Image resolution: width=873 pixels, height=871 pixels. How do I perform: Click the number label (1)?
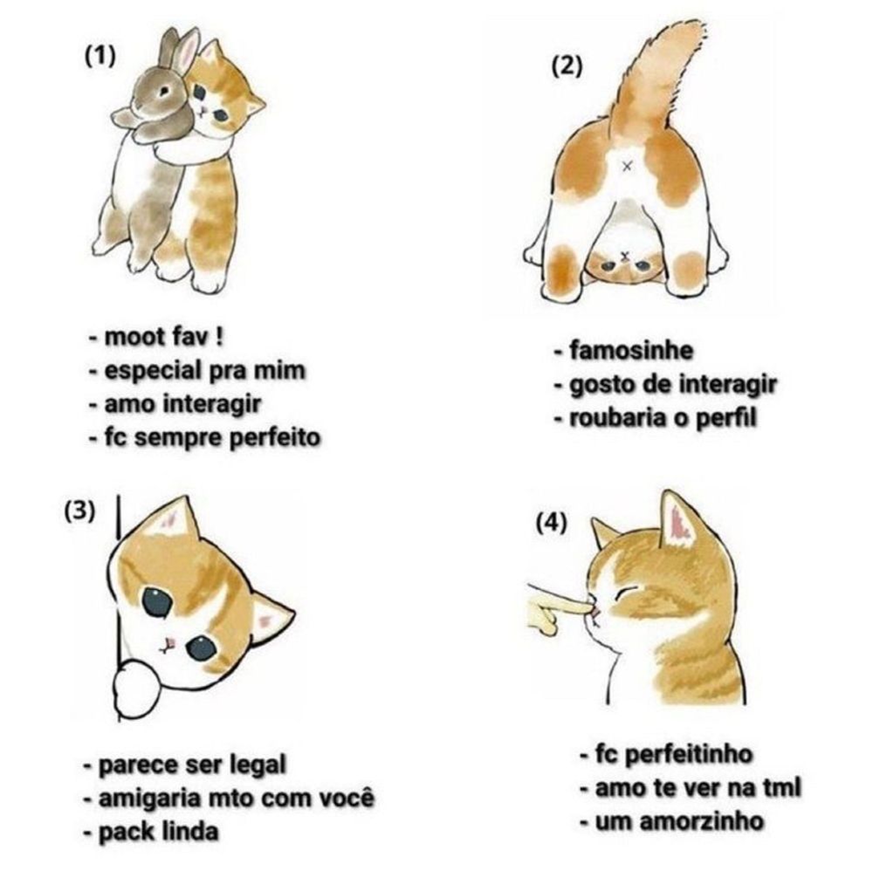tap(100, 56)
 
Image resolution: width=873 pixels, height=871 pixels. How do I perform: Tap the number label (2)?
tap(567, 66)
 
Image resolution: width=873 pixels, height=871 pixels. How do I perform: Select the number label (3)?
tap(79, 511)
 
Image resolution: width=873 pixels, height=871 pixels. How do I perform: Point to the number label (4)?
tap(551, 522)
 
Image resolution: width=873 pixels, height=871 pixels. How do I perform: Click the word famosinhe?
tap(631, 351)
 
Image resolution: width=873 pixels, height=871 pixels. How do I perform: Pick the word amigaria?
tap(149, 799)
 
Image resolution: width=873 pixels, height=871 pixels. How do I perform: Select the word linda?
tap(189, 832)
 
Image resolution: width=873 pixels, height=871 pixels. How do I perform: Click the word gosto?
tap(603, 385)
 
